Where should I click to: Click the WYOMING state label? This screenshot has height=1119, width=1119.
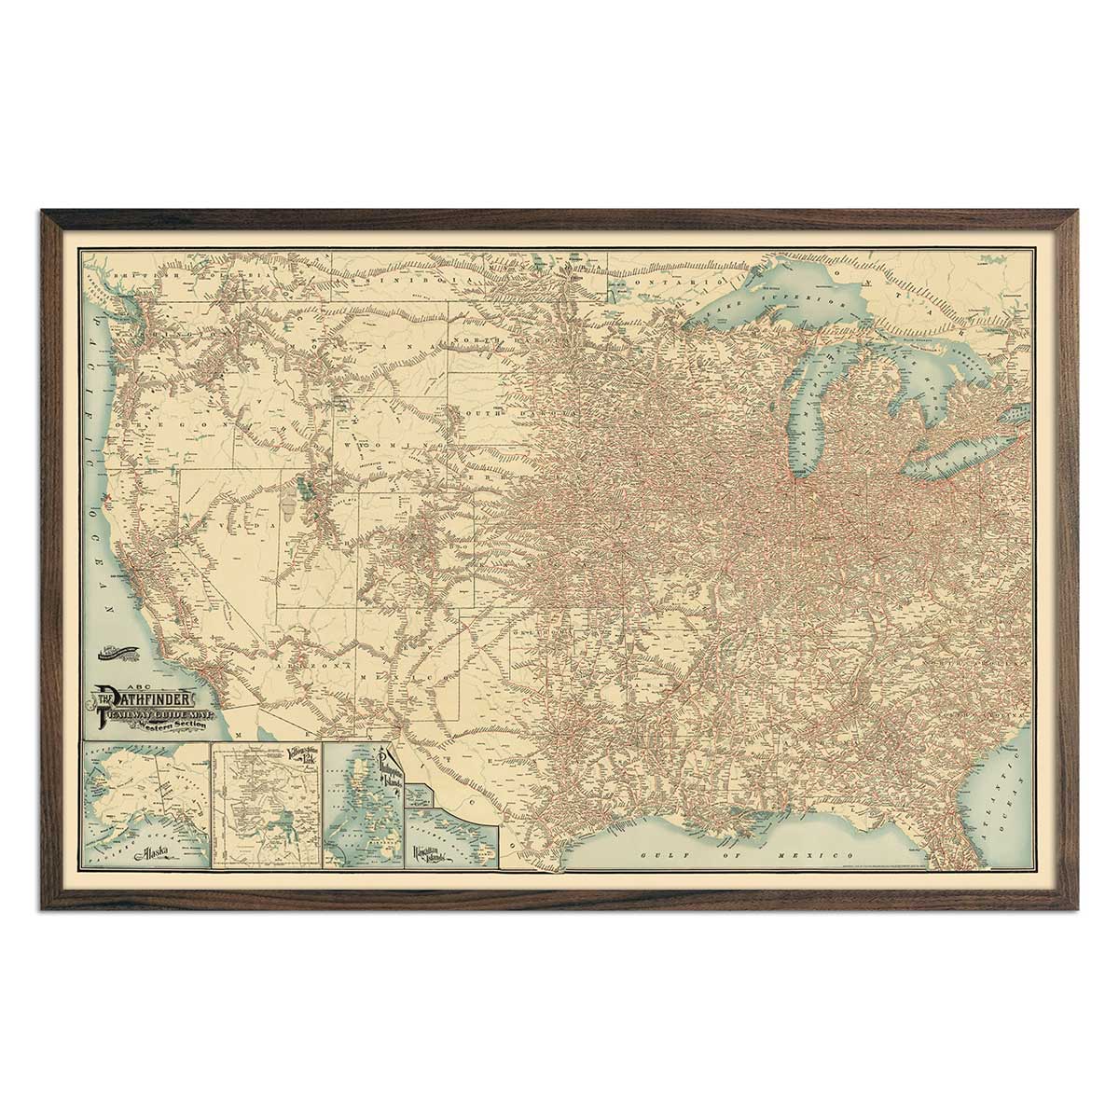click(x=382, y=447)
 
